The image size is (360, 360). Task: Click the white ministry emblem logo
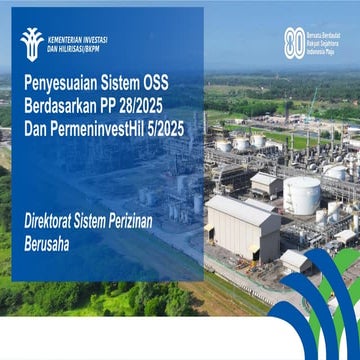31,41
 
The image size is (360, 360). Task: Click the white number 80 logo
294,42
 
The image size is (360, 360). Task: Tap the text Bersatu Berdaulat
327,33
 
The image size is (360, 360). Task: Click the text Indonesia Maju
325,50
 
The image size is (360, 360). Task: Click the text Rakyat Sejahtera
326,42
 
